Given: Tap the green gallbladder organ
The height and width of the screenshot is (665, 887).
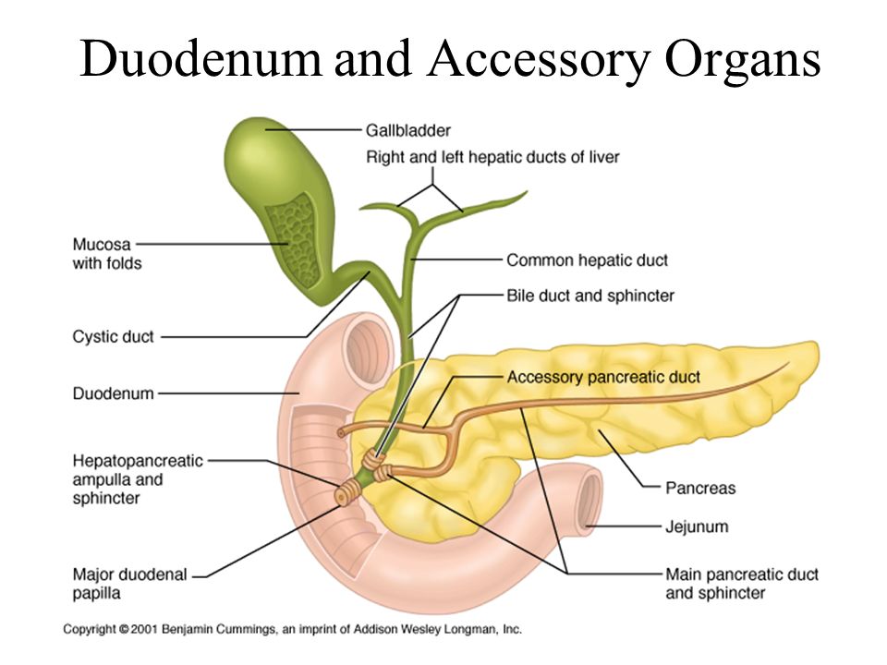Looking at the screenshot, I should pos(268,166).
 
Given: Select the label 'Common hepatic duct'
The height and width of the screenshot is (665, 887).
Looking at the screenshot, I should pos(587,260).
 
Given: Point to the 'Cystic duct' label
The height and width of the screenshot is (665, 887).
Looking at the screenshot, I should pos(113,337).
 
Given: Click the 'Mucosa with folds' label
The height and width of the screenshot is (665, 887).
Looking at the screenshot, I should pos(102,254).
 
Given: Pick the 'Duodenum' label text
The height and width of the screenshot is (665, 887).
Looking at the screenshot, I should pos(113,393).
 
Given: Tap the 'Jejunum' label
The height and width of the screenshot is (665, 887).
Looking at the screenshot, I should pos(697,527).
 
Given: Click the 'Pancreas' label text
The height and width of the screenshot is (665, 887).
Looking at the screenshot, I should pos(700,487).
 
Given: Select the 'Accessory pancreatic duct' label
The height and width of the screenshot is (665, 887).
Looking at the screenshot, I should pos(603,377).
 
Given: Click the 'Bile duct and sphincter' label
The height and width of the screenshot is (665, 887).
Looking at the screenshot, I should pos(590,296).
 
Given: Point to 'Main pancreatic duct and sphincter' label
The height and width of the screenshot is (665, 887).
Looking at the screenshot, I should pos(742,583).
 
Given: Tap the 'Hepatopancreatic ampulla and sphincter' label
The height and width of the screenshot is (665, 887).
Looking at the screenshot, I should pos(137,479).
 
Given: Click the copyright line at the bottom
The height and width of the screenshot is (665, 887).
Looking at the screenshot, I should pos(292,629).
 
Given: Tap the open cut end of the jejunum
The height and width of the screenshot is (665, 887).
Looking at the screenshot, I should pos(589,502).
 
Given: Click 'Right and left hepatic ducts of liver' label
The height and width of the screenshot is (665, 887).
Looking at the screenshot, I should pos(492,157).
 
